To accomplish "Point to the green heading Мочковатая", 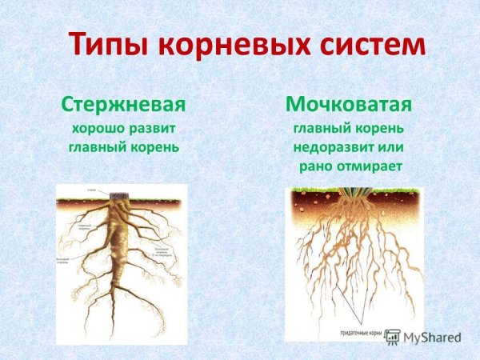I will [349, 105].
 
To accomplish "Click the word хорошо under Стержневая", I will [94, 128].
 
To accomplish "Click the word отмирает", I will [369, 166].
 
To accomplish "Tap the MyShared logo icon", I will [393, 335].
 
